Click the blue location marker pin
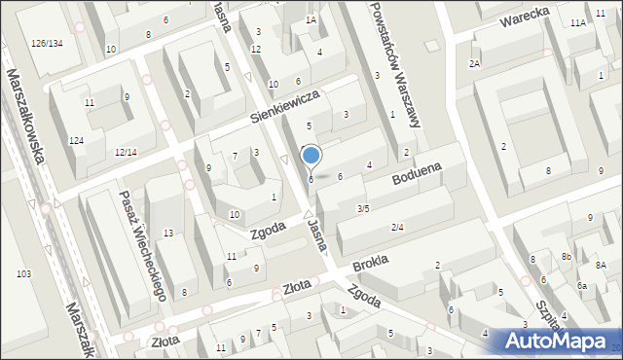coord(311,157)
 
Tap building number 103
coord(22,274)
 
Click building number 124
coord(76,142)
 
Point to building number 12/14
coord(126,153)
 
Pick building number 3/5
coord(362,208)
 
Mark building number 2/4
coord(397,227)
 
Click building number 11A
coord(578,22)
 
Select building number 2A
coord(474,64)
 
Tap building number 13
coord(168,233)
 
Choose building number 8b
coord(566,257)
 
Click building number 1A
coord(311,19)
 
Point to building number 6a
coord(581,285)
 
